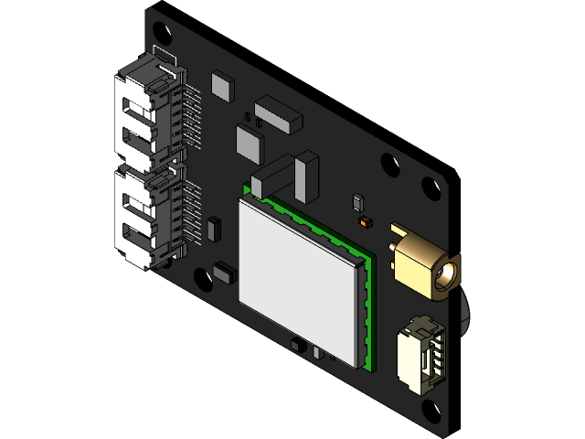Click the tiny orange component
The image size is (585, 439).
click(x=366, y=221)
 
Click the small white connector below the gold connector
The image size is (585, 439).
click(x=421, y=356)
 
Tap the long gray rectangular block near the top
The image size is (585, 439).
click(x=278, y=113)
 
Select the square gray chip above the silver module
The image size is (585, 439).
click(x=250, y=143)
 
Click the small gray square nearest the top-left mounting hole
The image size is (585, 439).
click(x=222, y=84)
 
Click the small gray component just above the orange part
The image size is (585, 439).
click(x=356, y=201)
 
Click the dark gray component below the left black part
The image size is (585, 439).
click(x=224, y=272)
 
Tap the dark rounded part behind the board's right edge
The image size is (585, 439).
click(x=465, y=311)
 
